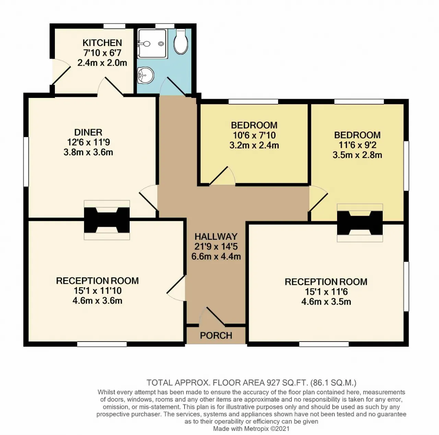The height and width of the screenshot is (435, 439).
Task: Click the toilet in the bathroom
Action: pyautogui.click(x=181, y=42)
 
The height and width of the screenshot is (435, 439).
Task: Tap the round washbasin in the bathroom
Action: pyautogui.click(x=145, y=75)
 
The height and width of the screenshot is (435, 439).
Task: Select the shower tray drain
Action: pyautogui.click(x=162, y=44)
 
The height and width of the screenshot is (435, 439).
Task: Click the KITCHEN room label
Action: pyautogui.click(x=102, y=43)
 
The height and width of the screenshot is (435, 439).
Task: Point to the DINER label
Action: pyautogui.click(x=88, y=132)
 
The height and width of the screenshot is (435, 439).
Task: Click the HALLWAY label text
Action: pyautogui.click(x=216, y=236)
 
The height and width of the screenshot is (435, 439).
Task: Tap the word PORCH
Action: pyautogui.click(x=216, y=335)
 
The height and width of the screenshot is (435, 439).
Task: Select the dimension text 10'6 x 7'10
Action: pyautogui.click(x=254, y=135)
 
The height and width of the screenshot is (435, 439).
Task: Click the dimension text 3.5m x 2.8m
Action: pyautogui.click(x=357, y=155)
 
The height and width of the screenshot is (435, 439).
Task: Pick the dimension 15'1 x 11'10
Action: pyautogui.click(x=97, y=291)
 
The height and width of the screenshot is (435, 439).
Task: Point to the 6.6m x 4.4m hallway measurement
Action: pyautogui.click(x=216, y=256)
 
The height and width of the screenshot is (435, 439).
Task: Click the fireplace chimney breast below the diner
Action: pyautogui.click(x=107, y=220)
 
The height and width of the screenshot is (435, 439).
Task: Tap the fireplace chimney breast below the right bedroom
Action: pyautogui.click(x=360, y=223)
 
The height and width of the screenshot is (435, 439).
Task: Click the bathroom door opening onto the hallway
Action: pyautogui.click(x=175, y=86)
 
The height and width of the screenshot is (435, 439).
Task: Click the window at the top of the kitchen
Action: pyautogui.click(x=114, y=26)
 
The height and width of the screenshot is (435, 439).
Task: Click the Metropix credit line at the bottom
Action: pyautogui.click(x=251, y=428)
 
